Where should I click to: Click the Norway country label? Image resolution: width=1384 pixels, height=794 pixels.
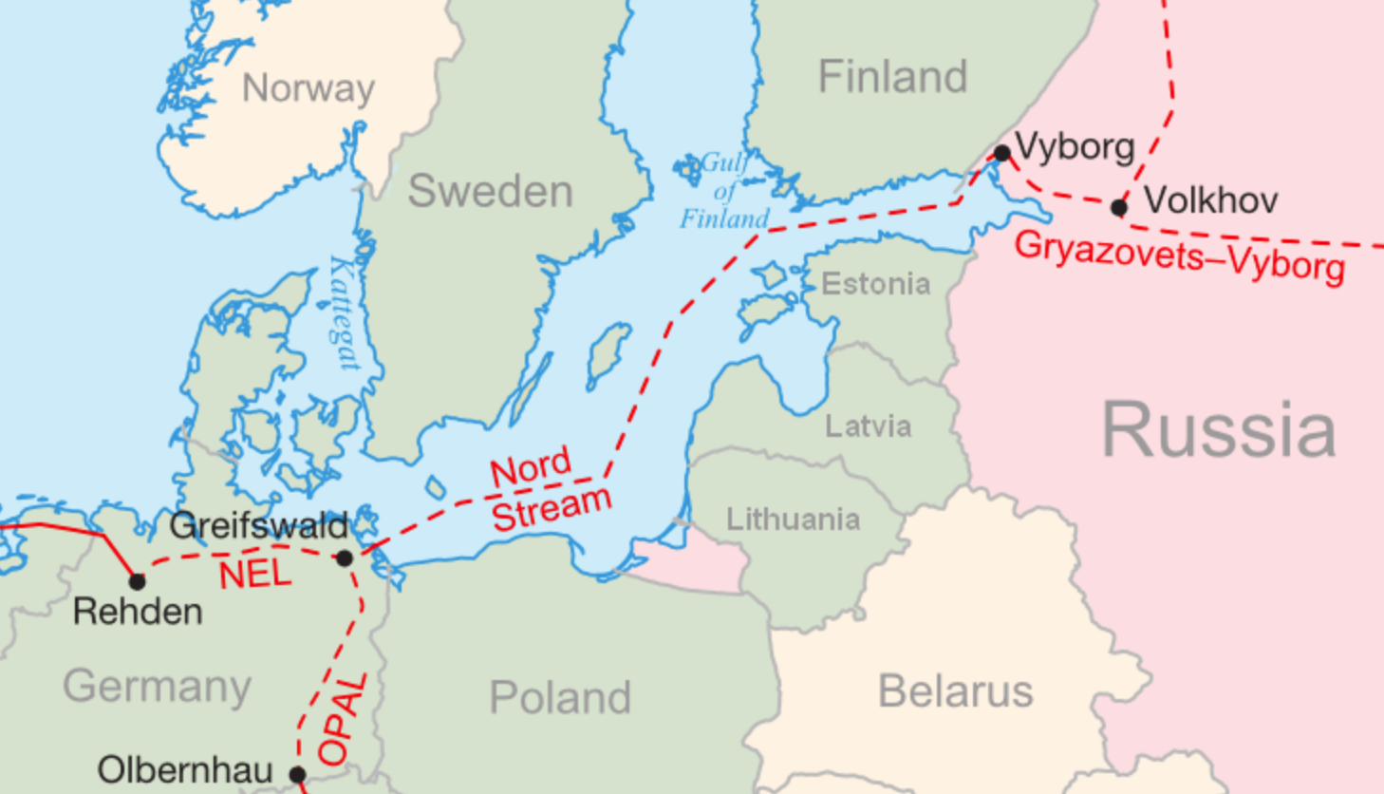coord(309,88)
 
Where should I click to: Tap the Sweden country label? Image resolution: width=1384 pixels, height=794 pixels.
coord(490,192)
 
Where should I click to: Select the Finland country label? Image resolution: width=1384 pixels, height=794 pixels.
coord(892,77)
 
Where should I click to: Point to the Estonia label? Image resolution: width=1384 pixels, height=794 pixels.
coord(875,284)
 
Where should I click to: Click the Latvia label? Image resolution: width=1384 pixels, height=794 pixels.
coord(868,426)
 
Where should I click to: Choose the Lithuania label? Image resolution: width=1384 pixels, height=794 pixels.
coord(793,520)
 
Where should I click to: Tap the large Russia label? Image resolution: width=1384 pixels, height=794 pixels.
coord(1218,430)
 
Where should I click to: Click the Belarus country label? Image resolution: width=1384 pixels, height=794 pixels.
coord(955,691)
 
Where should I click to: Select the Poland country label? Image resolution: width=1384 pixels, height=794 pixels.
coord(560,698)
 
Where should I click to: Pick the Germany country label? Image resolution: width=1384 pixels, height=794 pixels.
coord(158,686)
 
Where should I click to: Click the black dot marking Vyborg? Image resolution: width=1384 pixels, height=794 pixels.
coord(1002,153)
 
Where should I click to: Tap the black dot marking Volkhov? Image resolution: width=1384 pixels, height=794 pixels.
coord(1119,206)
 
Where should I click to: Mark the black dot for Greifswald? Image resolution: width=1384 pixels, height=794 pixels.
coord(345,558)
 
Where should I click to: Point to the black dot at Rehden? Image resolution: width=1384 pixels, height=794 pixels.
coord(138,580)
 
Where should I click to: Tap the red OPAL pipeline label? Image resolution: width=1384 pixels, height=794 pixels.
coord(342,720)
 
